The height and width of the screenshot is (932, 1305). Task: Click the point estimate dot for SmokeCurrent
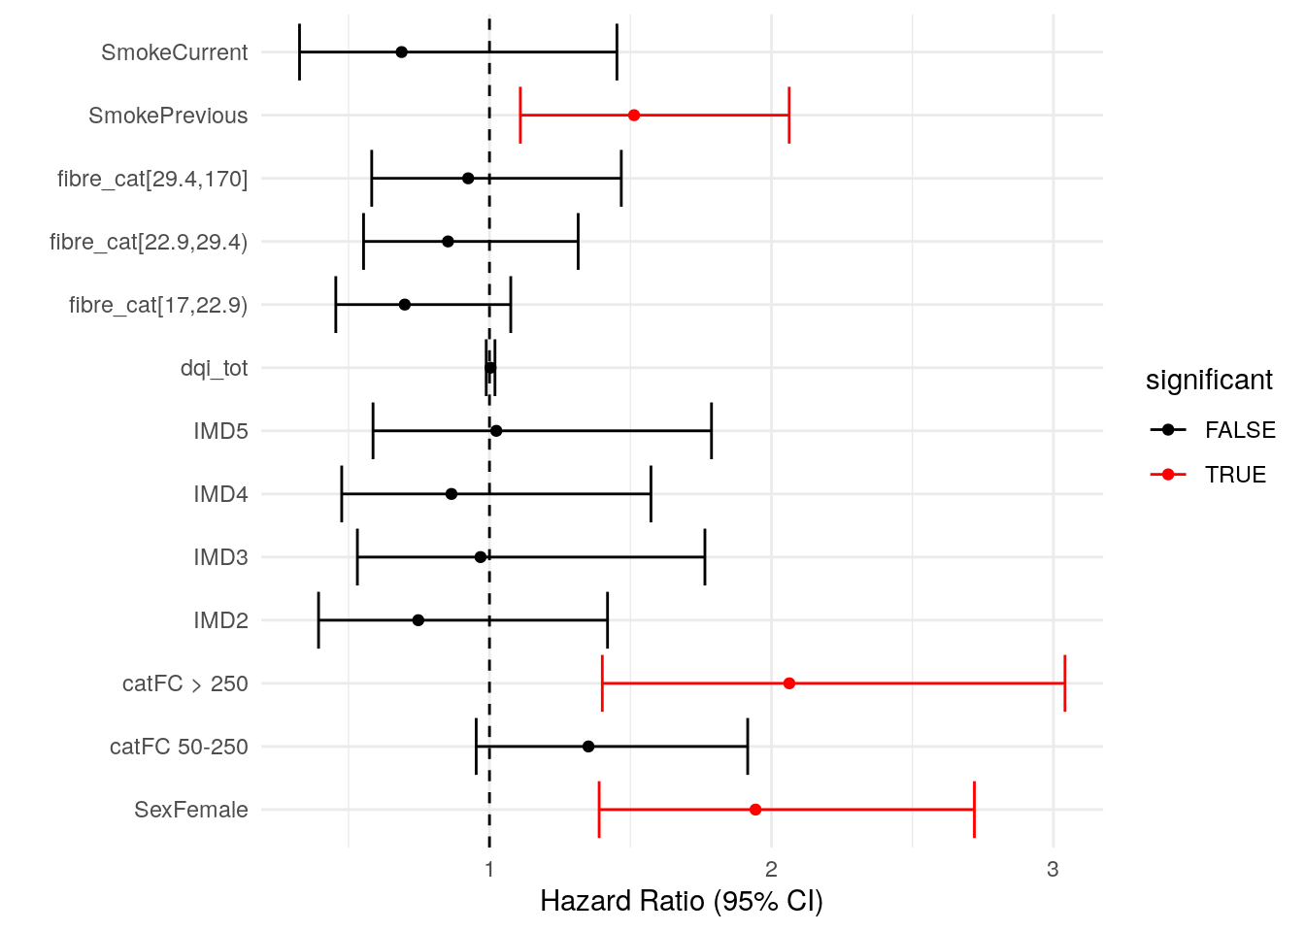[401, 52]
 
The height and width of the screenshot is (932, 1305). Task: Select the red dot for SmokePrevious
[634, 116]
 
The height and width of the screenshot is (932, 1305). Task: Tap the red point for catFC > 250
[789, 683]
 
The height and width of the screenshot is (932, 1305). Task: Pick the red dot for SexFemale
[755, 810]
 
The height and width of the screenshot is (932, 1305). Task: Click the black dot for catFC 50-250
[588, 747]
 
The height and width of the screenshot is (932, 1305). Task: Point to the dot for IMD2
[418, 620]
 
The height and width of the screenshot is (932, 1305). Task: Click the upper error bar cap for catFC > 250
[1065, 683]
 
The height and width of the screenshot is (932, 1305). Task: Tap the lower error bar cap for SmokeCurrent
[300, 52]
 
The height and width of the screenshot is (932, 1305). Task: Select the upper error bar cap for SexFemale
[974, 810]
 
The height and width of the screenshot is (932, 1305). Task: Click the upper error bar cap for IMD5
[712, 431]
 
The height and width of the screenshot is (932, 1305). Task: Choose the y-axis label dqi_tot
[214, 368]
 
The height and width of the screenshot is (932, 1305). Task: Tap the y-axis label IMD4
[220, 494]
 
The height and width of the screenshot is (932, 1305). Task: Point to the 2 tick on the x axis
[771, 869]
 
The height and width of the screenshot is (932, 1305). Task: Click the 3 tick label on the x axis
[1053, 869]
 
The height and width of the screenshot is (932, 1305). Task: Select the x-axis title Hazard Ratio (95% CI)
[681, 901]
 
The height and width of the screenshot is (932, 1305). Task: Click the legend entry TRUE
[1235, 475]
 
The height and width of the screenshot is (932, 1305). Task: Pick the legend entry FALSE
[1239, 430]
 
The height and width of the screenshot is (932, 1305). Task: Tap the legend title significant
[1209, 380]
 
